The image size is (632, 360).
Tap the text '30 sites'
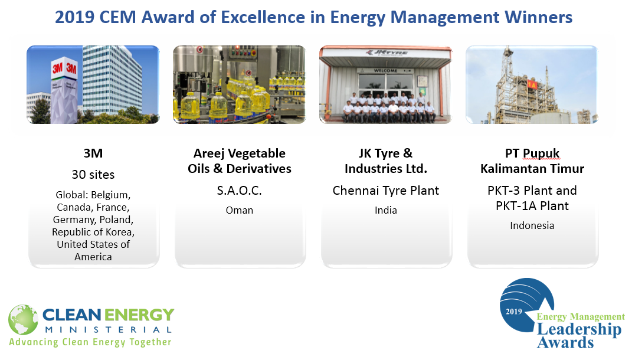(93, 175)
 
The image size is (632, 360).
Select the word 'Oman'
(239, 210)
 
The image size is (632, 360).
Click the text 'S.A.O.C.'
(239, 191)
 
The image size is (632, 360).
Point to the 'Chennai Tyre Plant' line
(385, 191)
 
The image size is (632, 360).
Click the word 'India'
(385, 210)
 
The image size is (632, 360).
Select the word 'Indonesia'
(532, 225)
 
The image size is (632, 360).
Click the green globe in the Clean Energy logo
(23, 319)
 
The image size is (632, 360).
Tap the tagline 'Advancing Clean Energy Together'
(90, 342)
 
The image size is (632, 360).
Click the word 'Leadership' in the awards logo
(579, 330)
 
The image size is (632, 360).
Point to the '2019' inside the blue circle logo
(514, 311)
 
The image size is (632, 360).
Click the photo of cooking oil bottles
(239, 84)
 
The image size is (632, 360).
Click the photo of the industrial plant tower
(532, 84)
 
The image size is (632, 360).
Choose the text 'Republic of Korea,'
(93, 231)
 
